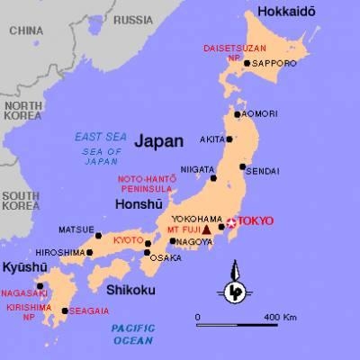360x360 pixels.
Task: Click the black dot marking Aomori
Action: [x=238, y=114]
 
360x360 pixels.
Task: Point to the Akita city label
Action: [x=212, y=140]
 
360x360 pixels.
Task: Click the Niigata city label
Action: [x=197, y=168]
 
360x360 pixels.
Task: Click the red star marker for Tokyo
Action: [x=230, y=222]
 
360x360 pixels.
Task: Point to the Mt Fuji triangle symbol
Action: [x=207, y=229]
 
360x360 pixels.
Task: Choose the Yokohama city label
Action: [x=188, y=219]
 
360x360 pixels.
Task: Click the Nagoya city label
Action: [x=196, y=241]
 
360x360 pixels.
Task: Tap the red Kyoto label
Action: [x=127, y=240]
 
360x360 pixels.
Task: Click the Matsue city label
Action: [x=75, y=229]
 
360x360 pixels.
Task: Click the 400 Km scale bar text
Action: [x=281, y=319]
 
